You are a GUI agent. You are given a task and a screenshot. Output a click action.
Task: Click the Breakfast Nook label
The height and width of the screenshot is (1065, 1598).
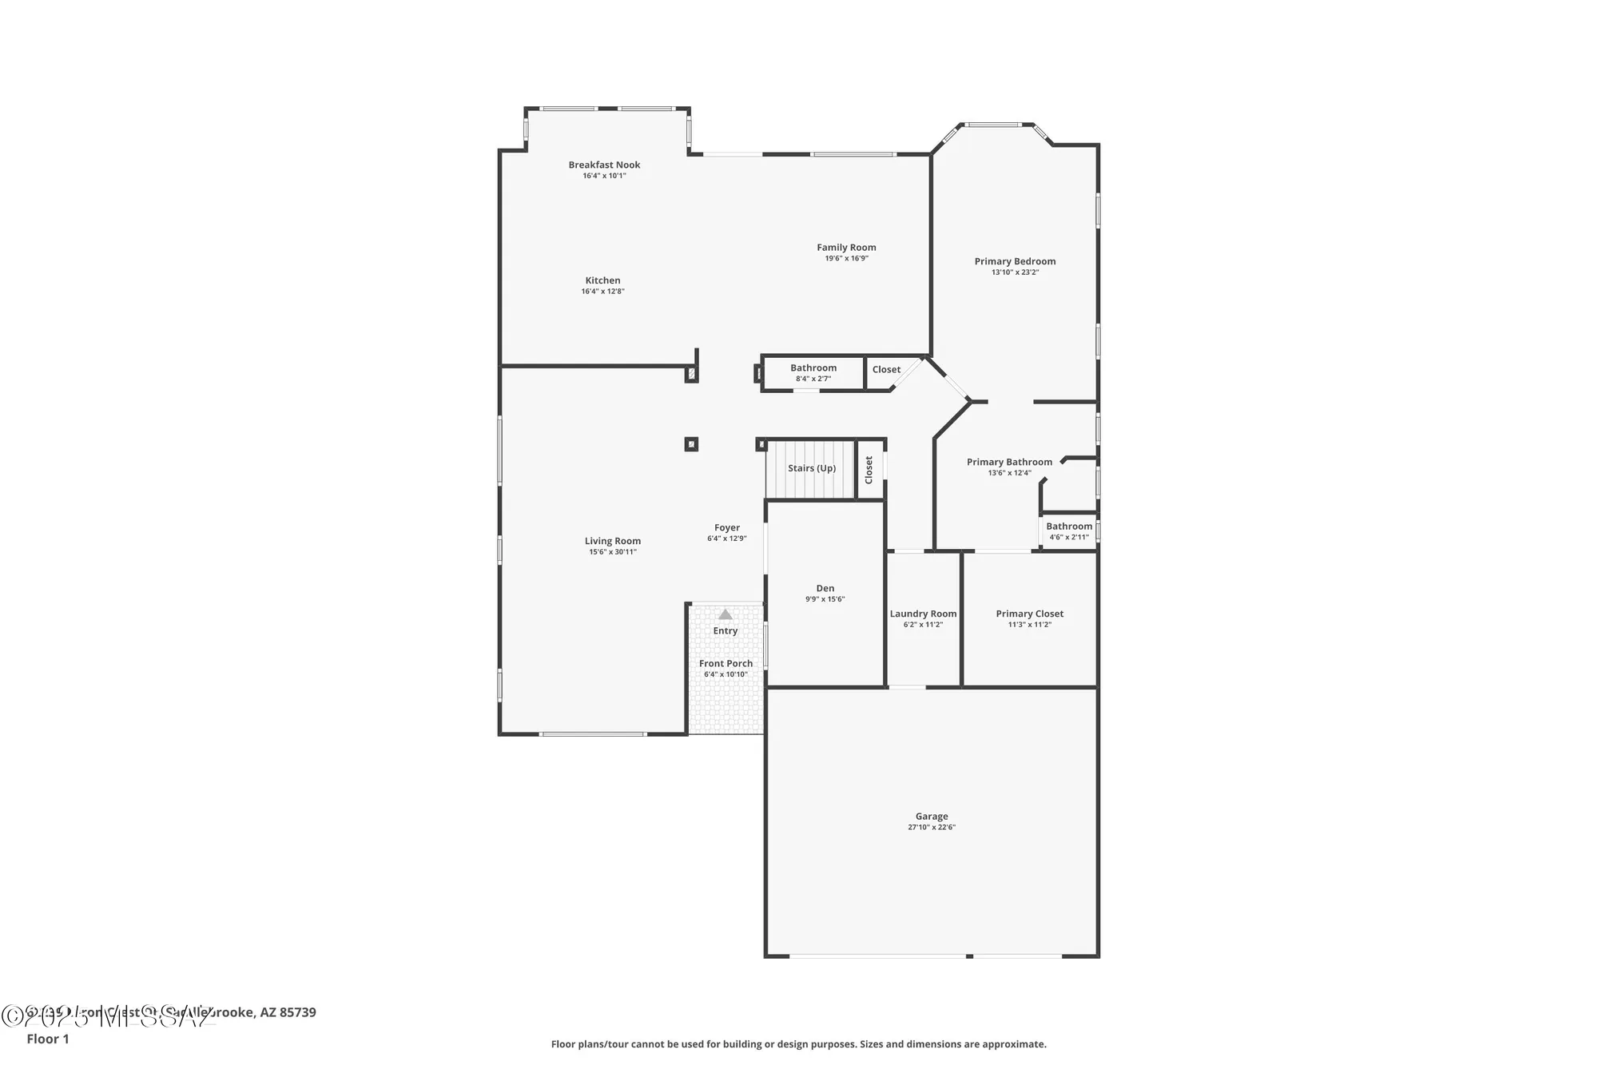(x=604, y=165)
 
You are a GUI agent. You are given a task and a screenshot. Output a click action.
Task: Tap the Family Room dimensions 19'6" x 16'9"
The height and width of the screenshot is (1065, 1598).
(x=846, y=259)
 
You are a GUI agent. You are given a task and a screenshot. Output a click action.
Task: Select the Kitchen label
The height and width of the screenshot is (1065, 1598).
(x=602, y=280)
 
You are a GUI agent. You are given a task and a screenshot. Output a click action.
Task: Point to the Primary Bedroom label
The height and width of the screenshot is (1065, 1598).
(x=1015, y=261)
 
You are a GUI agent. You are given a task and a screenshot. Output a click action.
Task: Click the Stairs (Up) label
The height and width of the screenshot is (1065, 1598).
(x=812, y=468)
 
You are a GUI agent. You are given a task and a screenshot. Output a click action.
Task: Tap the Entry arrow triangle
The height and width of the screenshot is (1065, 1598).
(x=725, y=614)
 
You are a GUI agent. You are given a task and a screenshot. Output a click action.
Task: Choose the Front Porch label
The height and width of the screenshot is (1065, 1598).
(x=725, y=663)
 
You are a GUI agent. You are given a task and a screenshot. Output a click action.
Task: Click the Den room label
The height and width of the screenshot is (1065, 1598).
(x=825, y=588)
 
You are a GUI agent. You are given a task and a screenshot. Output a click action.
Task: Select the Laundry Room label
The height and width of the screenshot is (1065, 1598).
(x=923, y=614)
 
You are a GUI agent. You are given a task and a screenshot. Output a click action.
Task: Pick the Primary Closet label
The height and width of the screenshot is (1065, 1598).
(x=1029, y=614)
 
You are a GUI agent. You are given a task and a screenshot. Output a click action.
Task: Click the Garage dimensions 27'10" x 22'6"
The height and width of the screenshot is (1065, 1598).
(x=931, y=828)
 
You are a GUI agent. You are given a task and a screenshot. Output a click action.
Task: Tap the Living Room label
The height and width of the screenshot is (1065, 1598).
(x=612, y=541)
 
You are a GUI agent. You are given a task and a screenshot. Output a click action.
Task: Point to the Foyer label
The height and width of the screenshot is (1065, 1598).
(x=726, y=527)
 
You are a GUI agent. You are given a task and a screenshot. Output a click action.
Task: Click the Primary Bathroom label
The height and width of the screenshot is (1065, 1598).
(x=1009, y=462)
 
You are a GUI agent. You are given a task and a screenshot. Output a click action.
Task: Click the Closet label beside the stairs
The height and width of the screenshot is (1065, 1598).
(x=869, y=470)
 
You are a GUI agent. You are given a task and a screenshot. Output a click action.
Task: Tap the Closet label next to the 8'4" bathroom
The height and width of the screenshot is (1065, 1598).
(x=886, y=369)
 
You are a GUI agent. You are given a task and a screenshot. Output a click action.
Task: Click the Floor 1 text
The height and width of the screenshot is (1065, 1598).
(x=48, y=1039)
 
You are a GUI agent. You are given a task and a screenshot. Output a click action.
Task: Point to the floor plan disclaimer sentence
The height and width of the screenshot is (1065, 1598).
(x=798, y=1044)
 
